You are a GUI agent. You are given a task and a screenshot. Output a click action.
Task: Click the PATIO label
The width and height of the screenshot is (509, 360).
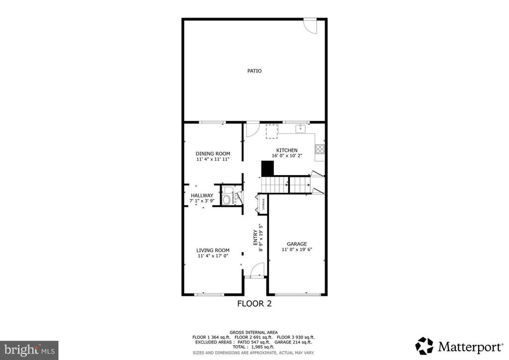[254, 71]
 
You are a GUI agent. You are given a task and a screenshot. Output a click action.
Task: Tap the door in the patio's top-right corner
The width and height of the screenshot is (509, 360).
[310, 26]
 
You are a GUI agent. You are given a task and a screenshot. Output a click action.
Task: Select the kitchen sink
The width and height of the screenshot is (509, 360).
[300, 129]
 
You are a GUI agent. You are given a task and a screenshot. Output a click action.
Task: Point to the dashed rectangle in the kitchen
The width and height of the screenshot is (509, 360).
[271, 132]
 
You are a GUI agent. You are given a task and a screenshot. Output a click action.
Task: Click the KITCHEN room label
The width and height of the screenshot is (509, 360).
[287, 150]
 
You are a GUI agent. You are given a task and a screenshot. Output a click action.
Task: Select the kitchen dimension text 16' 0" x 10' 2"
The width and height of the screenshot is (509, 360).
[287, 156]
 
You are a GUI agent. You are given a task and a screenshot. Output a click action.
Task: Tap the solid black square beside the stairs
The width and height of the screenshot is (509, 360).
[268, 169]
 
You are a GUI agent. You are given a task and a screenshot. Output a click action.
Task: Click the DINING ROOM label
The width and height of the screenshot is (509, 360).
[213, 154]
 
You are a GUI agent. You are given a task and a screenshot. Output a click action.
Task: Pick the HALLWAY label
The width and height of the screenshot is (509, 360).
[202, 195]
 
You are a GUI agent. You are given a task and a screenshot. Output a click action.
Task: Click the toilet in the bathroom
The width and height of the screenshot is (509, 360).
[226, 200]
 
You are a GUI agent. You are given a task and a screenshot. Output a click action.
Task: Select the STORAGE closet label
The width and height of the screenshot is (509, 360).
[263, 204]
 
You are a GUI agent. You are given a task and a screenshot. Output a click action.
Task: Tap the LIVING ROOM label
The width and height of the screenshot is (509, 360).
[213, 250]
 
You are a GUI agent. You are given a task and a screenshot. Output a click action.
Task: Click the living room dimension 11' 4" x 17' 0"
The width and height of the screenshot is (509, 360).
[213, 256]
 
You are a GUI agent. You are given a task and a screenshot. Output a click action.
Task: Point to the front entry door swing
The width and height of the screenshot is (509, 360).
[256, 270]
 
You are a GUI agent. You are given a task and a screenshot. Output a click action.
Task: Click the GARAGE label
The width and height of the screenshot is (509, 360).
[297, 244]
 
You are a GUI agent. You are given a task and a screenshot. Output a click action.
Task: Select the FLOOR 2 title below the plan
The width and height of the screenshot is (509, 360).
[254, 303]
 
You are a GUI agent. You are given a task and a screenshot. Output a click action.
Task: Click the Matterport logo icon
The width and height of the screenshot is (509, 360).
[424, 345]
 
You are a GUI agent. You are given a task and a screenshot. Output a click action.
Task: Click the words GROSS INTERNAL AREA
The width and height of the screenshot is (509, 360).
[254, 332]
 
